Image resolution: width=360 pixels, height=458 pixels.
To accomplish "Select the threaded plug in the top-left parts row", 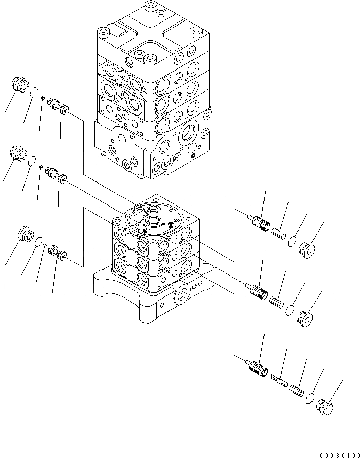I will [18, 85].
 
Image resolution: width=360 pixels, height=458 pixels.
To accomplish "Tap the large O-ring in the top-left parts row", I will [33, 93].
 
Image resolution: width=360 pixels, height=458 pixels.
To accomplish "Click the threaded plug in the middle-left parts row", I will [17, 153].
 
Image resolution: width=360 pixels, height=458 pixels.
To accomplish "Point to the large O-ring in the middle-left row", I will [32, 161].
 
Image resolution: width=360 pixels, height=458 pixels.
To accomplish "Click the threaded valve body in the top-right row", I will [259, 223].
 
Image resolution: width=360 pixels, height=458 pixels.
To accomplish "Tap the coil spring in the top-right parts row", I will [277, 233].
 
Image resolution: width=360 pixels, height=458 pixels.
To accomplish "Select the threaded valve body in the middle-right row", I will [259, 291].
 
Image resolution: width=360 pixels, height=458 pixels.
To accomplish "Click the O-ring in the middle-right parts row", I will [290, 309].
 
